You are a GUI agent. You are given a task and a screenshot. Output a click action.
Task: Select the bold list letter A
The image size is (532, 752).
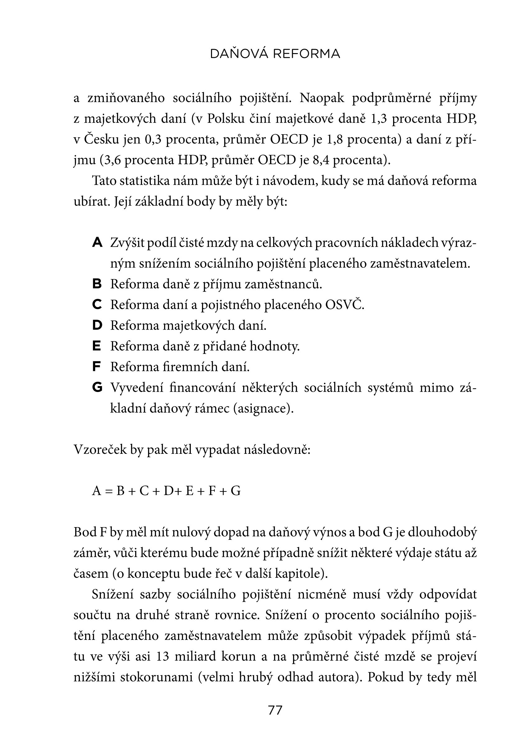97,243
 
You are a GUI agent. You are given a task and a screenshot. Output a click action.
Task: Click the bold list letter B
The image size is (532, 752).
97,284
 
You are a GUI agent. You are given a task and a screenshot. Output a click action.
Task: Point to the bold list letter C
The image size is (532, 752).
97,305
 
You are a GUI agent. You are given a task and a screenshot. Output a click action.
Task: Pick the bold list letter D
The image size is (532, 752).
97,325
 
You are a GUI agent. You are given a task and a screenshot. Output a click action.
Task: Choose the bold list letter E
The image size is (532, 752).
97,346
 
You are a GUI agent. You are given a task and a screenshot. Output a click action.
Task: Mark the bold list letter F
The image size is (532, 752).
96,367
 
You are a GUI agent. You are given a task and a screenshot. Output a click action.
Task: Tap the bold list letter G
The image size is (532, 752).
97,387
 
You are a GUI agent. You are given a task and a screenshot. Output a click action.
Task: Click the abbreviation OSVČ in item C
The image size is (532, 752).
344,305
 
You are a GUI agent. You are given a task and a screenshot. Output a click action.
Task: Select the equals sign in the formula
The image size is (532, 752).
109,491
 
